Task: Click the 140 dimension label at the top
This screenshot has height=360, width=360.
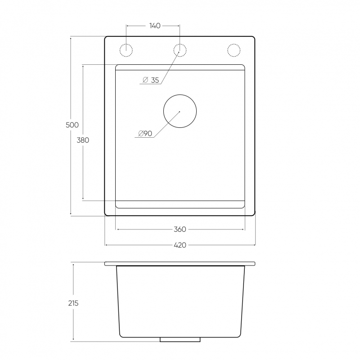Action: coord(155,26)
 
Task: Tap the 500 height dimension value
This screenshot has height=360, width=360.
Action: coord(72,125)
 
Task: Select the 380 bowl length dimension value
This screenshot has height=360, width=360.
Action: coord(83,140)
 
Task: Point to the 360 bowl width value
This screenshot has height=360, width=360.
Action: coord(180,229)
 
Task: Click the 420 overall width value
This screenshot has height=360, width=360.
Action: coord(180,245)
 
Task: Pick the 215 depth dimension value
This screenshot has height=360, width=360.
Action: coord(73,303)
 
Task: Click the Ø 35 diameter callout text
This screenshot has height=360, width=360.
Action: coord(151,80)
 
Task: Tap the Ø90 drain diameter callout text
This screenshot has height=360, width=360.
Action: coord(145,133)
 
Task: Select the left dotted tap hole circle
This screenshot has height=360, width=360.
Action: coord(126,44)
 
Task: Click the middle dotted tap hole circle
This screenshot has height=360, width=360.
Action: coord(180,44)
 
